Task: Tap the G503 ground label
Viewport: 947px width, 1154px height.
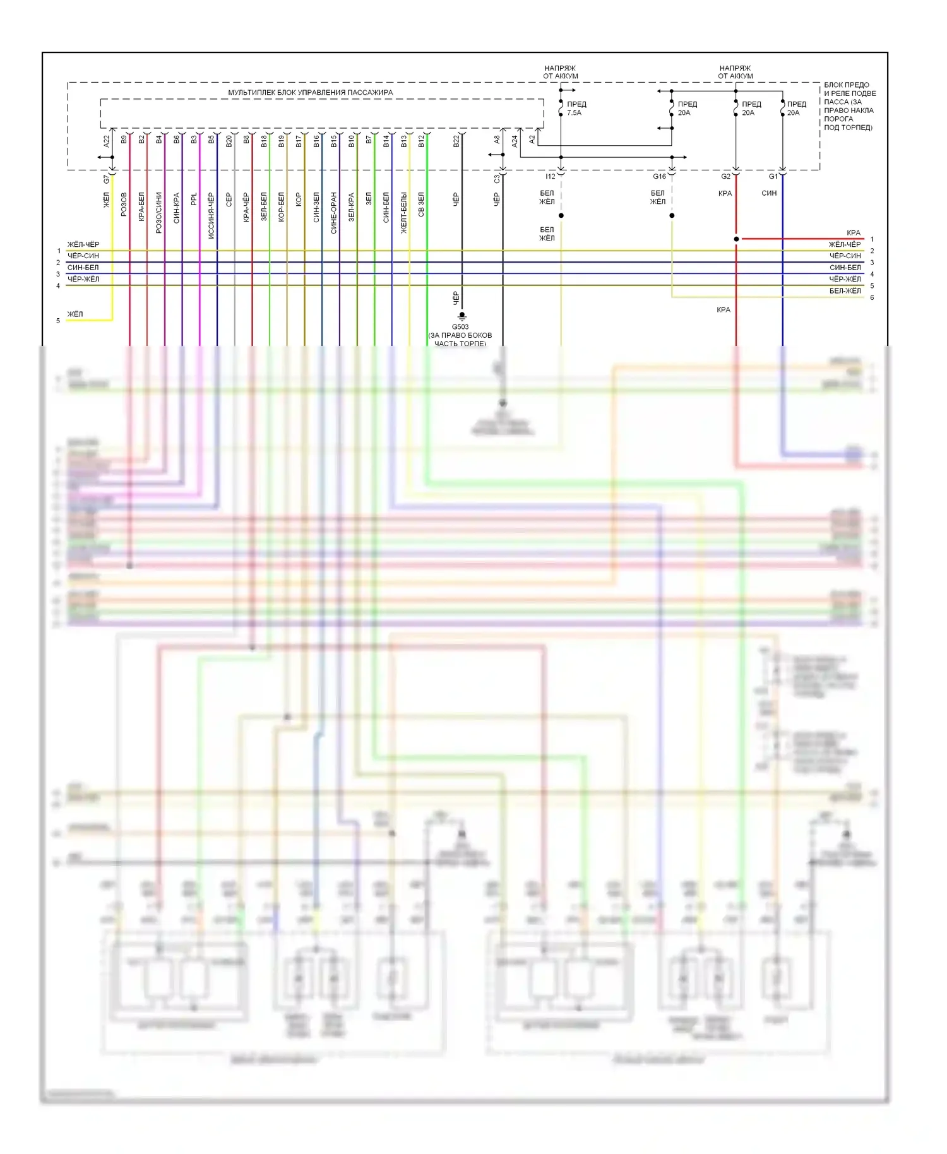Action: pyautogui.click(x=460, y=327)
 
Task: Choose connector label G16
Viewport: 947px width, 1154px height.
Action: pyautogui.click(x=659, y=177)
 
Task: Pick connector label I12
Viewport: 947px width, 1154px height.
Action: pyautogui.click(x=551, y=177)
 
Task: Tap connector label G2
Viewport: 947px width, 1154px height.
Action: pyautogui.click(x=725, y=177)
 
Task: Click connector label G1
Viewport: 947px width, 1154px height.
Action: pyautogui.click(x=773, y=177)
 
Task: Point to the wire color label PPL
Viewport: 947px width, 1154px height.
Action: pyautogui.click(x=194, y=199)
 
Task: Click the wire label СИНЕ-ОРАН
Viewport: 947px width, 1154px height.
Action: pyautogui.click(x=334, y=213)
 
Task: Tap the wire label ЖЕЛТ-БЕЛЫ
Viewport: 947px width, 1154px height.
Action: pyautogui.click(x=404, y=213)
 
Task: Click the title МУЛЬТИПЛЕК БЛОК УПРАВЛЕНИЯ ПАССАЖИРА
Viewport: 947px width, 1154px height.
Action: pyautogui.click(x=310, y=93)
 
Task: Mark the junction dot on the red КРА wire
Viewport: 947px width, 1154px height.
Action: pyautogui.click(x=736, y=239)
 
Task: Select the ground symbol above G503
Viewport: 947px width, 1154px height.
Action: pyautogui.click(x=462, y=316)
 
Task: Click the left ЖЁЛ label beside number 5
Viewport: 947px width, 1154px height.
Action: pyautogui.click(x=75, y=314)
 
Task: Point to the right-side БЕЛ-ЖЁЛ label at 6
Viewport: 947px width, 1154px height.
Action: pyautogui.click(x=845, y=291)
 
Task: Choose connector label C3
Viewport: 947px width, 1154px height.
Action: pyautogui.click(x=497, y=179)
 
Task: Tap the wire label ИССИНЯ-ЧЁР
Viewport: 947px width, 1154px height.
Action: pyautogui.click(x=211, y=215)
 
